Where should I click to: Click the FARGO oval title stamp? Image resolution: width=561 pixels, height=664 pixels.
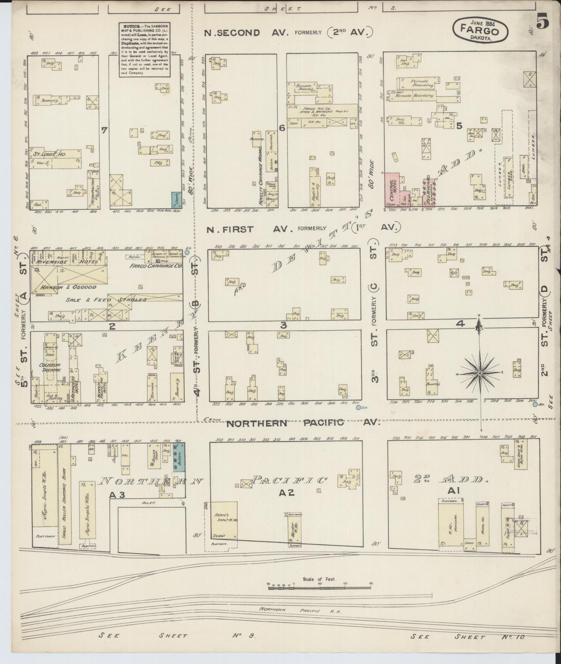(x=479, y=30)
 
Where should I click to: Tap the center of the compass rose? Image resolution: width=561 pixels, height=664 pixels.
(x=479, y=374)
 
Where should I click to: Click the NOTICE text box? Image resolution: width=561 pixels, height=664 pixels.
(x=144, y=50)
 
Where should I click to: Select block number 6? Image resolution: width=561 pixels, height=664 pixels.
(x=282, y=128)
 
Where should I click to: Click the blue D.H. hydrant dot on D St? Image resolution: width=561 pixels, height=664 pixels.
(x=535, y=405)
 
